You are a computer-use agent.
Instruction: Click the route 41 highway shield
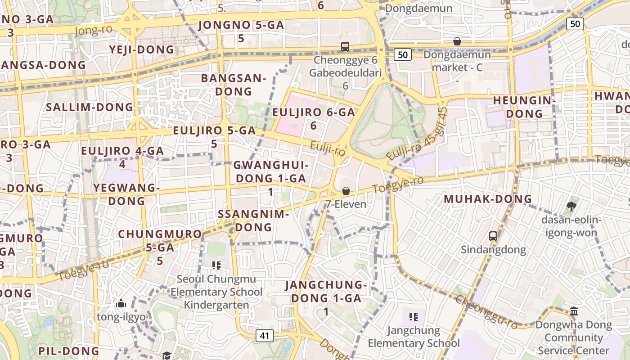[x=265, y=335]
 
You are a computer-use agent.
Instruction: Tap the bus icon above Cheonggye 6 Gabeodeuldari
[x=345, y=46]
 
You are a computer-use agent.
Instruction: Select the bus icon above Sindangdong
[x=493, y=236]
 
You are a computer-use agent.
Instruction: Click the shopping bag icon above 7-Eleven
[x=346, y=191]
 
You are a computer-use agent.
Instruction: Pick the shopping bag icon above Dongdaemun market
[x=457, y=41]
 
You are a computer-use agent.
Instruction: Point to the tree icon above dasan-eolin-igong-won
[x=571, y=207]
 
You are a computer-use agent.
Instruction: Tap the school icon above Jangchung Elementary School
[x=414, y=317]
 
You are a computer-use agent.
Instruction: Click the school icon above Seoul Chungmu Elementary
[x=216, y=265]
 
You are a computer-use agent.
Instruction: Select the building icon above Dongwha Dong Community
[x=574, y=311]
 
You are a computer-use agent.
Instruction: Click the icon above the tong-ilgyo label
[x=121, y=304]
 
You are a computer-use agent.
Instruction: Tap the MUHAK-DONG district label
[x=488, y=199]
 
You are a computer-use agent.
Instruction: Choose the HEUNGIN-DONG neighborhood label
[x=524, y=107]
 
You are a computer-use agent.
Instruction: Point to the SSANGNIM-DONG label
[x=253, y=220]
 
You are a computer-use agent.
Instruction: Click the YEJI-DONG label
[x=141, y=49]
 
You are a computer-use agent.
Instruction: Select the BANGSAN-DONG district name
[x=234, y=85]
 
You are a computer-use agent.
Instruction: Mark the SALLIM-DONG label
[x=90, y=107]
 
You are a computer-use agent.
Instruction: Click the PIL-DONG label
[x=68, y=351]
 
